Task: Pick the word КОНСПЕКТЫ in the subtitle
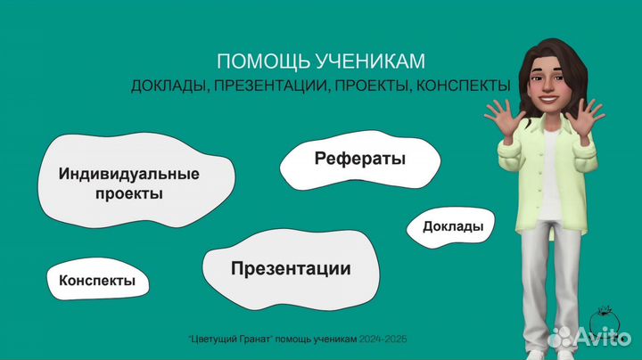point(464,86)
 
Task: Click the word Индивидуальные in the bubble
point(129,174)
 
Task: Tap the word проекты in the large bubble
point(129,193)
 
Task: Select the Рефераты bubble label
point(360,159)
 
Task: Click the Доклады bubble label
point(453,226)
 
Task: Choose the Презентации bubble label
point(291,269)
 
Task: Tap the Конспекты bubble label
point(97,281)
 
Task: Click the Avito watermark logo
point(589,336)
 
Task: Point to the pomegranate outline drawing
point(604,320)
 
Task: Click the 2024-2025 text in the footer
point(383,340)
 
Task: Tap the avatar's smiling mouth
point(547,100)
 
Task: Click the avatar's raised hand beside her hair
point(585,115)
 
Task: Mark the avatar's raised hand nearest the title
point(503,117)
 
